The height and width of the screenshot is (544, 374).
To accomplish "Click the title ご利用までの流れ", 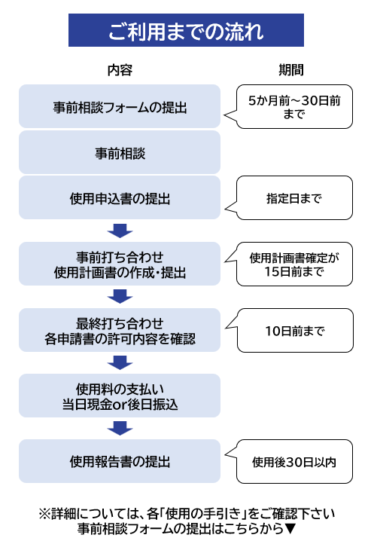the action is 186,30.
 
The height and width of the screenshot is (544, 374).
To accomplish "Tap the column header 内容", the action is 120,70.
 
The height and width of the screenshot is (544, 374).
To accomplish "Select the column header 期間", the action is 291,70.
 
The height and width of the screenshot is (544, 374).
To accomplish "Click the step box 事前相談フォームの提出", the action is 120,106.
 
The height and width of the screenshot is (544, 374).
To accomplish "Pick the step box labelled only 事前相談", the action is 120,152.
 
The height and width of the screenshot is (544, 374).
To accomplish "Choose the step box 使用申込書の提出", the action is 120,197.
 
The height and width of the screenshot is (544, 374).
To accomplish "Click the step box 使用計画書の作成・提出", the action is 120,264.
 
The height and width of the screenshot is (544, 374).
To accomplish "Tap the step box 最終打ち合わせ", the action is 120,330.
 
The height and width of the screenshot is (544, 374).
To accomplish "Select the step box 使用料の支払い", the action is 120,396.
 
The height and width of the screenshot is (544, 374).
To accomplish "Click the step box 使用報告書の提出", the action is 120,461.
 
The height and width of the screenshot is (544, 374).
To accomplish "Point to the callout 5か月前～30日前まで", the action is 294,106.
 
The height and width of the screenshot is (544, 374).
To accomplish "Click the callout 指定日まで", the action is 294,197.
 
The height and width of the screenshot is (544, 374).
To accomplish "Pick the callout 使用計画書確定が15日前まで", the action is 294,264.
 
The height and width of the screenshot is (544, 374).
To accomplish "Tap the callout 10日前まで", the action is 295,330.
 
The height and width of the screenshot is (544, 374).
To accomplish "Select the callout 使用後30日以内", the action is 294,461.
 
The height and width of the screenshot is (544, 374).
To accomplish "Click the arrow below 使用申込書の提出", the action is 120,231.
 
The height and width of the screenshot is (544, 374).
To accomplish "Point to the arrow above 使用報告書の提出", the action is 120,428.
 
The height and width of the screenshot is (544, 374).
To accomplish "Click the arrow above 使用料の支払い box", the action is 120,362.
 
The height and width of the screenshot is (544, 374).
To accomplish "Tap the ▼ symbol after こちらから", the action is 290,529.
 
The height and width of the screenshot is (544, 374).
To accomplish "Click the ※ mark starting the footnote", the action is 45,514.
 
